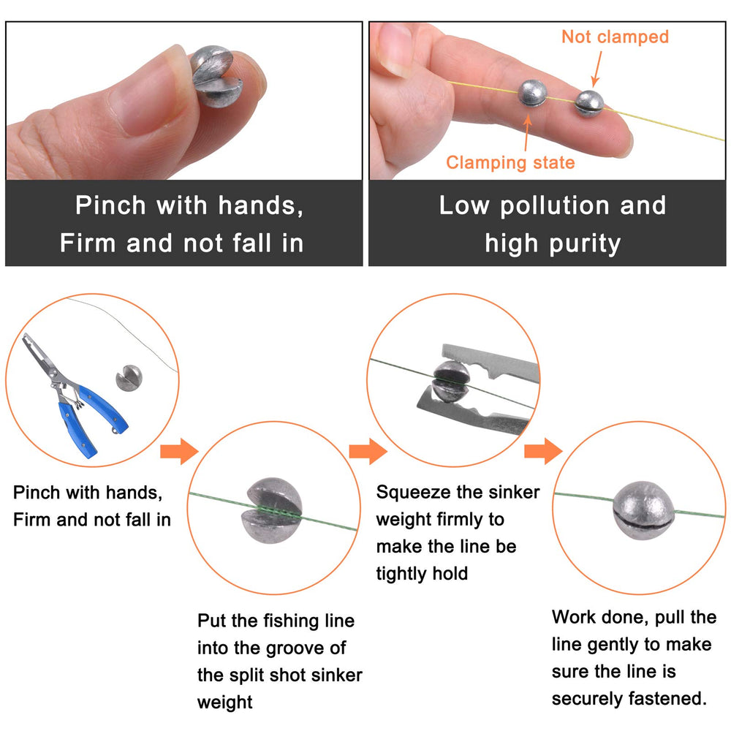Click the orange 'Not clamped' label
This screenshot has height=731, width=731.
pos(615,37)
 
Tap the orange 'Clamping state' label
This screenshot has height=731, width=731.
pos(510,162)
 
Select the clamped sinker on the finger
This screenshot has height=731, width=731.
pos(531,94)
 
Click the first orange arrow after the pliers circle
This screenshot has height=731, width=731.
pos(178,452)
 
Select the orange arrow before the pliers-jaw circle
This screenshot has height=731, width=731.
pos(367,452)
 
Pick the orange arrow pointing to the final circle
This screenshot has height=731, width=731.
pos(542,452)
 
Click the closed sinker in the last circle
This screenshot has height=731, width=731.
pos(642,507)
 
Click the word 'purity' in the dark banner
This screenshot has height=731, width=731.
pos(586,243)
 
